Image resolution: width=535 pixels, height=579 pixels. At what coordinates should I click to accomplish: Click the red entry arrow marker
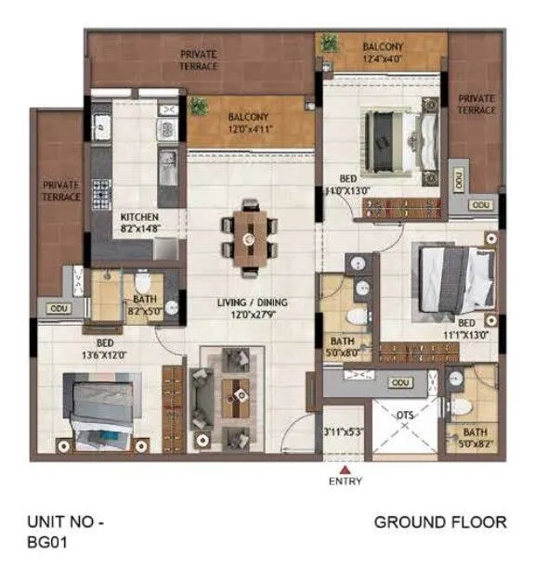(332, 470)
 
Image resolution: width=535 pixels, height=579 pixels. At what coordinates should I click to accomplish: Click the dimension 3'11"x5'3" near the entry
(342, 431)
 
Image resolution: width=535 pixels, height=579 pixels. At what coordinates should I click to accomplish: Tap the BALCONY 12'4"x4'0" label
(381, 53)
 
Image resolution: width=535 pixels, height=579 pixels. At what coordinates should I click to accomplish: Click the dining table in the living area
(247, 238)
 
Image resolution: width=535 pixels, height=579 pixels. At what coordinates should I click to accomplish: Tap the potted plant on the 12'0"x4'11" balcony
(198, 107)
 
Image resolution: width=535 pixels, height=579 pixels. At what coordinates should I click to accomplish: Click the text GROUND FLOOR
(439, 523)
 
